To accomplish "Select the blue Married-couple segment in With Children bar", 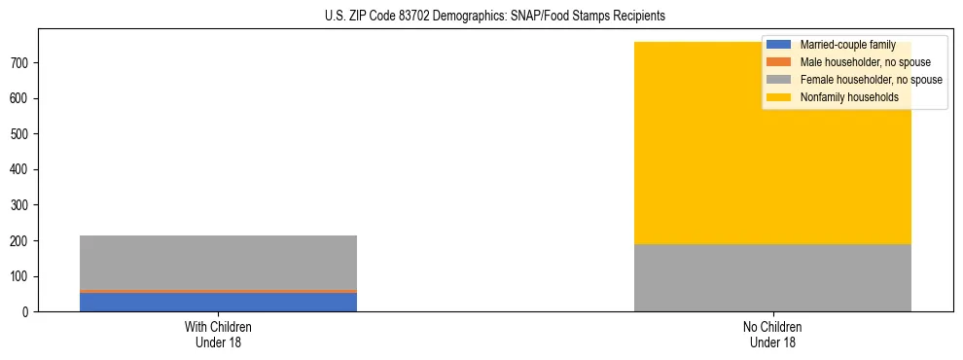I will pos(218,302).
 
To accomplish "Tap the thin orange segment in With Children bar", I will pos(218,291).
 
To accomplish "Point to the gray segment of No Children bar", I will pos(772,277).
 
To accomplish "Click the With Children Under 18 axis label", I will pos(218,334).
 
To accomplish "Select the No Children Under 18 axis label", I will pos(772,334).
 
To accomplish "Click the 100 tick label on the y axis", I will pos(21,276).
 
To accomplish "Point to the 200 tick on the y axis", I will pos(21,241).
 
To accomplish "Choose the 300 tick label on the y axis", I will pos(21,205).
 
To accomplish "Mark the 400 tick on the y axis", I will pos(21,169).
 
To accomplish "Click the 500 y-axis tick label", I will pos(21,134).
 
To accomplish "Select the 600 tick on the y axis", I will pos(21,98).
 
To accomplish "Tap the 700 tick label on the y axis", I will pos(21,63).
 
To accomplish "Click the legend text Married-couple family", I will pos(847,45).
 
